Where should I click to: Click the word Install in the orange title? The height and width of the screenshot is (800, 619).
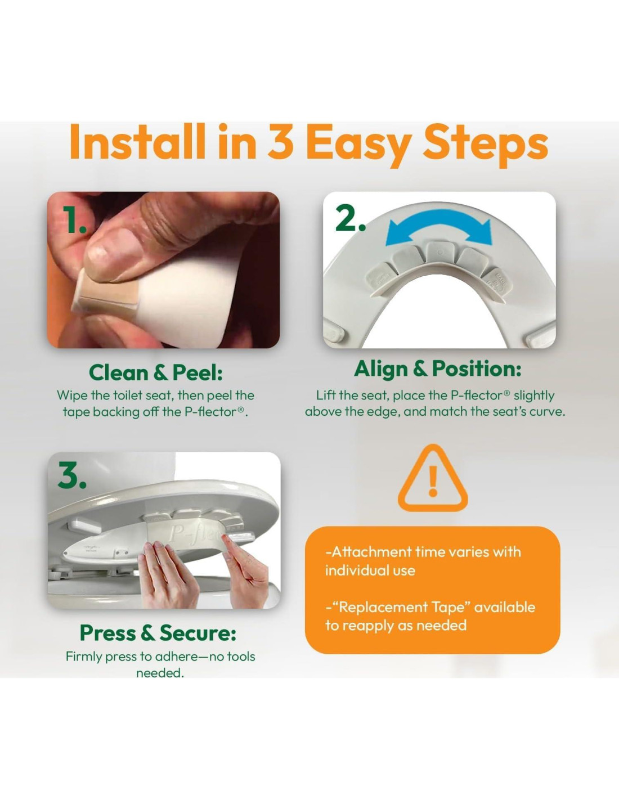pyautogui.click(x=137, y=142)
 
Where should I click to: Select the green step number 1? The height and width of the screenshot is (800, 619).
pyautogui.click(x=74, y=220)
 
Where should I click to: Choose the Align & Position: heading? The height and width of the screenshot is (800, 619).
pyautogui.click(x=438, y=368)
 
